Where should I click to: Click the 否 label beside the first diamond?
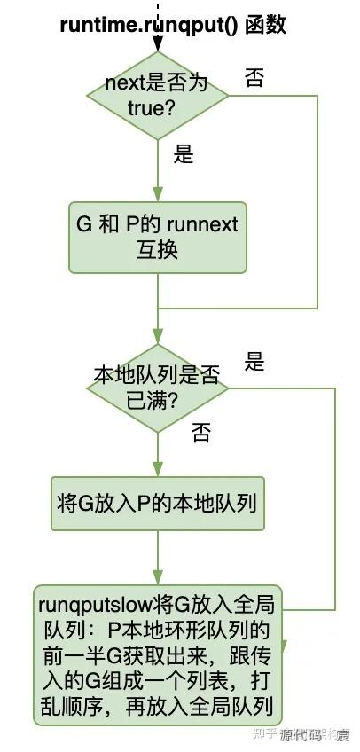coord(254,78)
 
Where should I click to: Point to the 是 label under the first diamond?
coord(184,155)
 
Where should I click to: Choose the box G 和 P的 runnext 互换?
coord(157,237)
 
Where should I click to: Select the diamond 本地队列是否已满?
coord(157,388)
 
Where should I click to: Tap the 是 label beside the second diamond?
coord(254,362)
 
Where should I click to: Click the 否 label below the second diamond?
coord(201,434)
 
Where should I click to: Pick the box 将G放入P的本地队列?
coord(157,504)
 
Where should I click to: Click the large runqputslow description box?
coord(157,657)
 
